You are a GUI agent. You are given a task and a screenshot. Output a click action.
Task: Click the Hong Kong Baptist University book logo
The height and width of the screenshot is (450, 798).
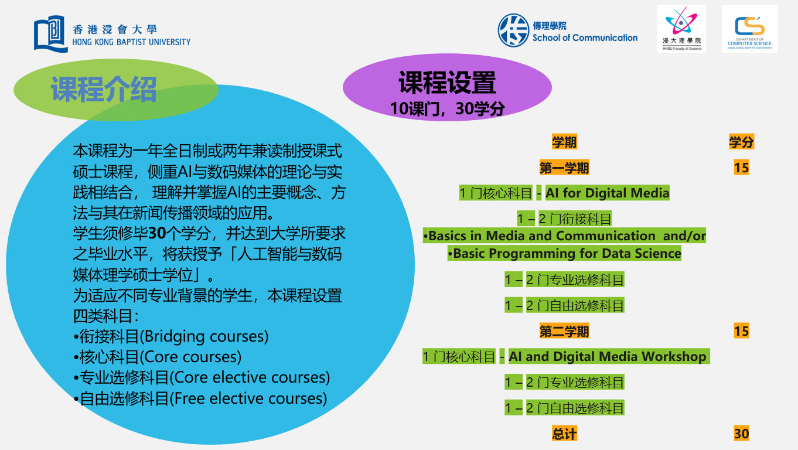50,33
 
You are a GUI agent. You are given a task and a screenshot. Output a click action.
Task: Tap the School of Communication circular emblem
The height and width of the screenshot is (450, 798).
513,30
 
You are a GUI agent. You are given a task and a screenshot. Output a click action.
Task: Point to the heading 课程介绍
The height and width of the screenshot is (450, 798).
104,89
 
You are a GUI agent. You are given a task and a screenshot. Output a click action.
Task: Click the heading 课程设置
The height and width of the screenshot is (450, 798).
447,83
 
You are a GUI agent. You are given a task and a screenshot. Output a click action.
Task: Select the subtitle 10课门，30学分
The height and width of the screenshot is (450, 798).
447,108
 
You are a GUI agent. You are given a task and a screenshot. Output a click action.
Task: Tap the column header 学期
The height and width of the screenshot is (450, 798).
564,142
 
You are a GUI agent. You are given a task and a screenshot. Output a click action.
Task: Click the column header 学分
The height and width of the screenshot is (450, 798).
741,142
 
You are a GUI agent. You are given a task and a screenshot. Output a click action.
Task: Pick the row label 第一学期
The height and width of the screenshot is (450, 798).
564,168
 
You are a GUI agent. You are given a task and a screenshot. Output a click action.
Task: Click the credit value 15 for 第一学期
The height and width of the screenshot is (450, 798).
741,168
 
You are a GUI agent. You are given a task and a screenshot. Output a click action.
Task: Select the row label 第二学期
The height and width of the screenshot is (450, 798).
564,332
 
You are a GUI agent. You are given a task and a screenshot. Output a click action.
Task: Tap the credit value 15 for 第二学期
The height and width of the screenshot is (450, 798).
741,332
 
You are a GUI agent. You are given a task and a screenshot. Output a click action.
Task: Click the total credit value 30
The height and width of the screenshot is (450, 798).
741,434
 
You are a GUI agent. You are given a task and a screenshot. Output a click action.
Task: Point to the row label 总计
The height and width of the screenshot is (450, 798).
564,434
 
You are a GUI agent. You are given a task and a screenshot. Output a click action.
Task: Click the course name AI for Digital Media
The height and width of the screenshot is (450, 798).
607,193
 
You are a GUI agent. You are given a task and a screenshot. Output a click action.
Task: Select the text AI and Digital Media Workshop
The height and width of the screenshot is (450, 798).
608,356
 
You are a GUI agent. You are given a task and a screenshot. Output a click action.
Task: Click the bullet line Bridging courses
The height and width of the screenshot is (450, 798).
171,336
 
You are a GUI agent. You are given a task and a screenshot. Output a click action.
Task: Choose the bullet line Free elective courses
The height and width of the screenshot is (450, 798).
200,398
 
